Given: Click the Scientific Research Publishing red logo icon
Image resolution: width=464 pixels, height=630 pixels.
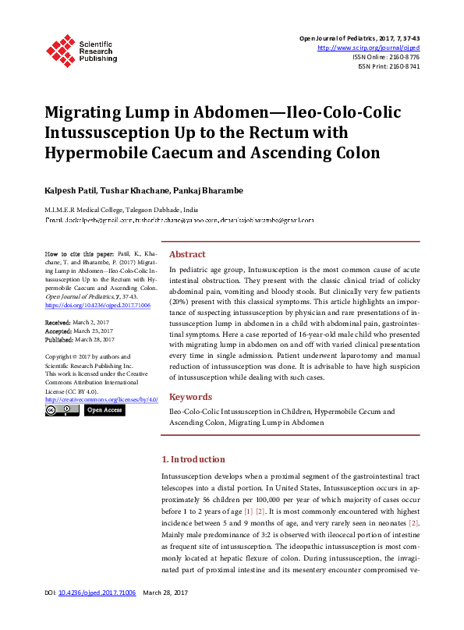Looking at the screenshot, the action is coord(59,49).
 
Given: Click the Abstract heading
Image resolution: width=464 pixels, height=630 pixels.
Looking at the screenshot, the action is coord(187,254).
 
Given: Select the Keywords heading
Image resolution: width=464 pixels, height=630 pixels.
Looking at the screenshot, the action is coord(190,396).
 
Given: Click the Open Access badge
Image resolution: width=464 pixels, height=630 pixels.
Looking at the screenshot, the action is coord(104,409).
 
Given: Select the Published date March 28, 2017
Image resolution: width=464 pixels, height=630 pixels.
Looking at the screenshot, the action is coord(96,339).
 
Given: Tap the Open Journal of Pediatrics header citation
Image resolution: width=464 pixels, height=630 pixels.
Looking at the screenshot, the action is coord(360,38).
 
